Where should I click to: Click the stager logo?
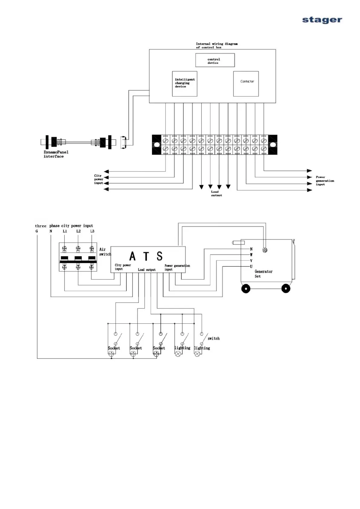[322, 20]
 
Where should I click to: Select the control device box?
[215, 60]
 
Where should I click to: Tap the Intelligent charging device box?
[184, 83]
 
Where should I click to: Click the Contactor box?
[246, 83]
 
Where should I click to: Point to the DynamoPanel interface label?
[56, 154]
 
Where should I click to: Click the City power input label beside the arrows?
[98, 179]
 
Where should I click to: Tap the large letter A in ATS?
[132, 256]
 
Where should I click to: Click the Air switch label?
[105, 252]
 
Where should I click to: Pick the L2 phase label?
[78, 231]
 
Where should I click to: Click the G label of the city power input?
[37, 231]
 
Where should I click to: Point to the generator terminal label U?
[251, 267]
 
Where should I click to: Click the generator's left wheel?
[246, 289]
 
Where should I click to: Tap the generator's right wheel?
[286, 289]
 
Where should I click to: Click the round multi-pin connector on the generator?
[265, 250]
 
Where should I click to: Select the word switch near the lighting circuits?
[213, 339]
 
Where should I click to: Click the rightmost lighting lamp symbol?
[197, 354]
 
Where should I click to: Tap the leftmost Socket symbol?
[112, 354]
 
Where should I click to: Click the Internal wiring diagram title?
[216, 45]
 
